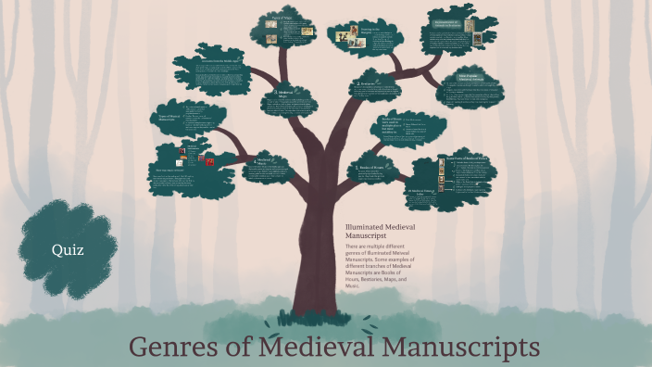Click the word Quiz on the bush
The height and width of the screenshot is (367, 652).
pos(68,249)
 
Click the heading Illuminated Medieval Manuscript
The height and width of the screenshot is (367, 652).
pos(371,233)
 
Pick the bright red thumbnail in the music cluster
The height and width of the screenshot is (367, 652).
pos(212,161)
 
